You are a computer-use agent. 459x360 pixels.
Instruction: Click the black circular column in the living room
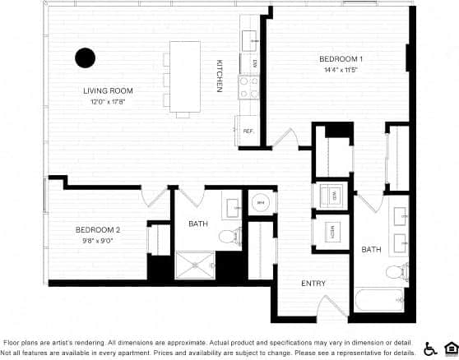click(86, 58)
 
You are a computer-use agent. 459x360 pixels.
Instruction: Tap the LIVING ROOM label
click(108, 90)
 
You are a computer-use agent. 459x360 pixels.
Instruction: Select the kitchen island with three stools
click(185, 75)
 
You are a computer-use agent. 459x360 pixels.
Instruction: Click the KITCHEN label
click(220, 76)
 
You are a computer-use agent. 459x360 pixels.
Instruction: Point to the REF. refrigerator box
click(248, 130)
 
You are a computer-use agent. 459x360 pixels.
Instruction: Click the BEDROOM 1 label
click(341, 59)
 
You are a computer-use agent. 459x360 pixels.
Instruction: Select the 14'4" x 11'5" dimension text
click(341, 71)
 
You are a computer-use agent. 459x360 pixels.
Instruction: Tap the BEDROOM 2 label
click(98, 229)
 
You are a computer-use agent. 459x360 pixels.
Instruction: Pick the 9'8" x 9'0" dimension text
click(98, 241)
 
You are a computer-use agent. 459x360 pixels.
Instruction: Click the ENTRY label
click(313, 284)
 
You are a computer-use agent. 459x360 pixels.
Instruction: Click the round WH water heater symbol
click(261, 202)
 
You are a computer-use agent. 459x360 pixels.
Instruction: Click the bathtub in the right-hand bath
click(379, 298)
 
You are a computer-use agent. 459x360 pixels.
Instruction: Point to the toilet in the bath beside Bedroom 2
click(226, 237)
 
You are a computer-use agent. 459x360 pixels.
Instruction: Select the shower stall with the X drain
click(194, 265)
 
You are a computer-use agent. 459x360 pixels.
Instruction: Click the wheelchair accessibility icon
click(430, 348)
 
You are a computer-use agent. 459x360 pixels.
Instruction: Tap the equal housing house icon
click(450, 348)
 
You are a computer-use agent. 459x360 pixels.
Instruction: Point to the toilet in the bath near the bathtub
click(395, 270)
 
